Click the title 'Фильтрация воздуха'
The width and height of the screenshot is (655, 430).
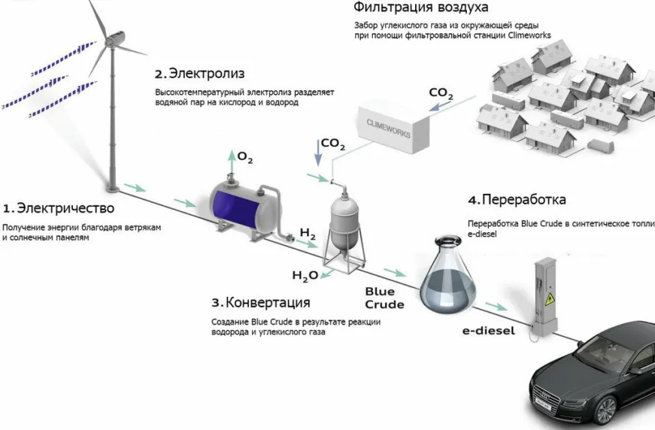tap(420, 8)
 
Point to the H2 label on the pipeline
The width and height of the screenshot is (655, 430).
tap(308, 234)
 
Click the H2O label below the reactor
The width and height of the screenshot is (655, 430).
tap(305, 276)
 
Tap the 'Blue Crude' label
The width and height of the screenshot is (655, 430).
tap(384, 298)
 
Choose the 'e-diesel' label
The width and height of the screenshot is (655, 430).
tap(488, 331)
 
